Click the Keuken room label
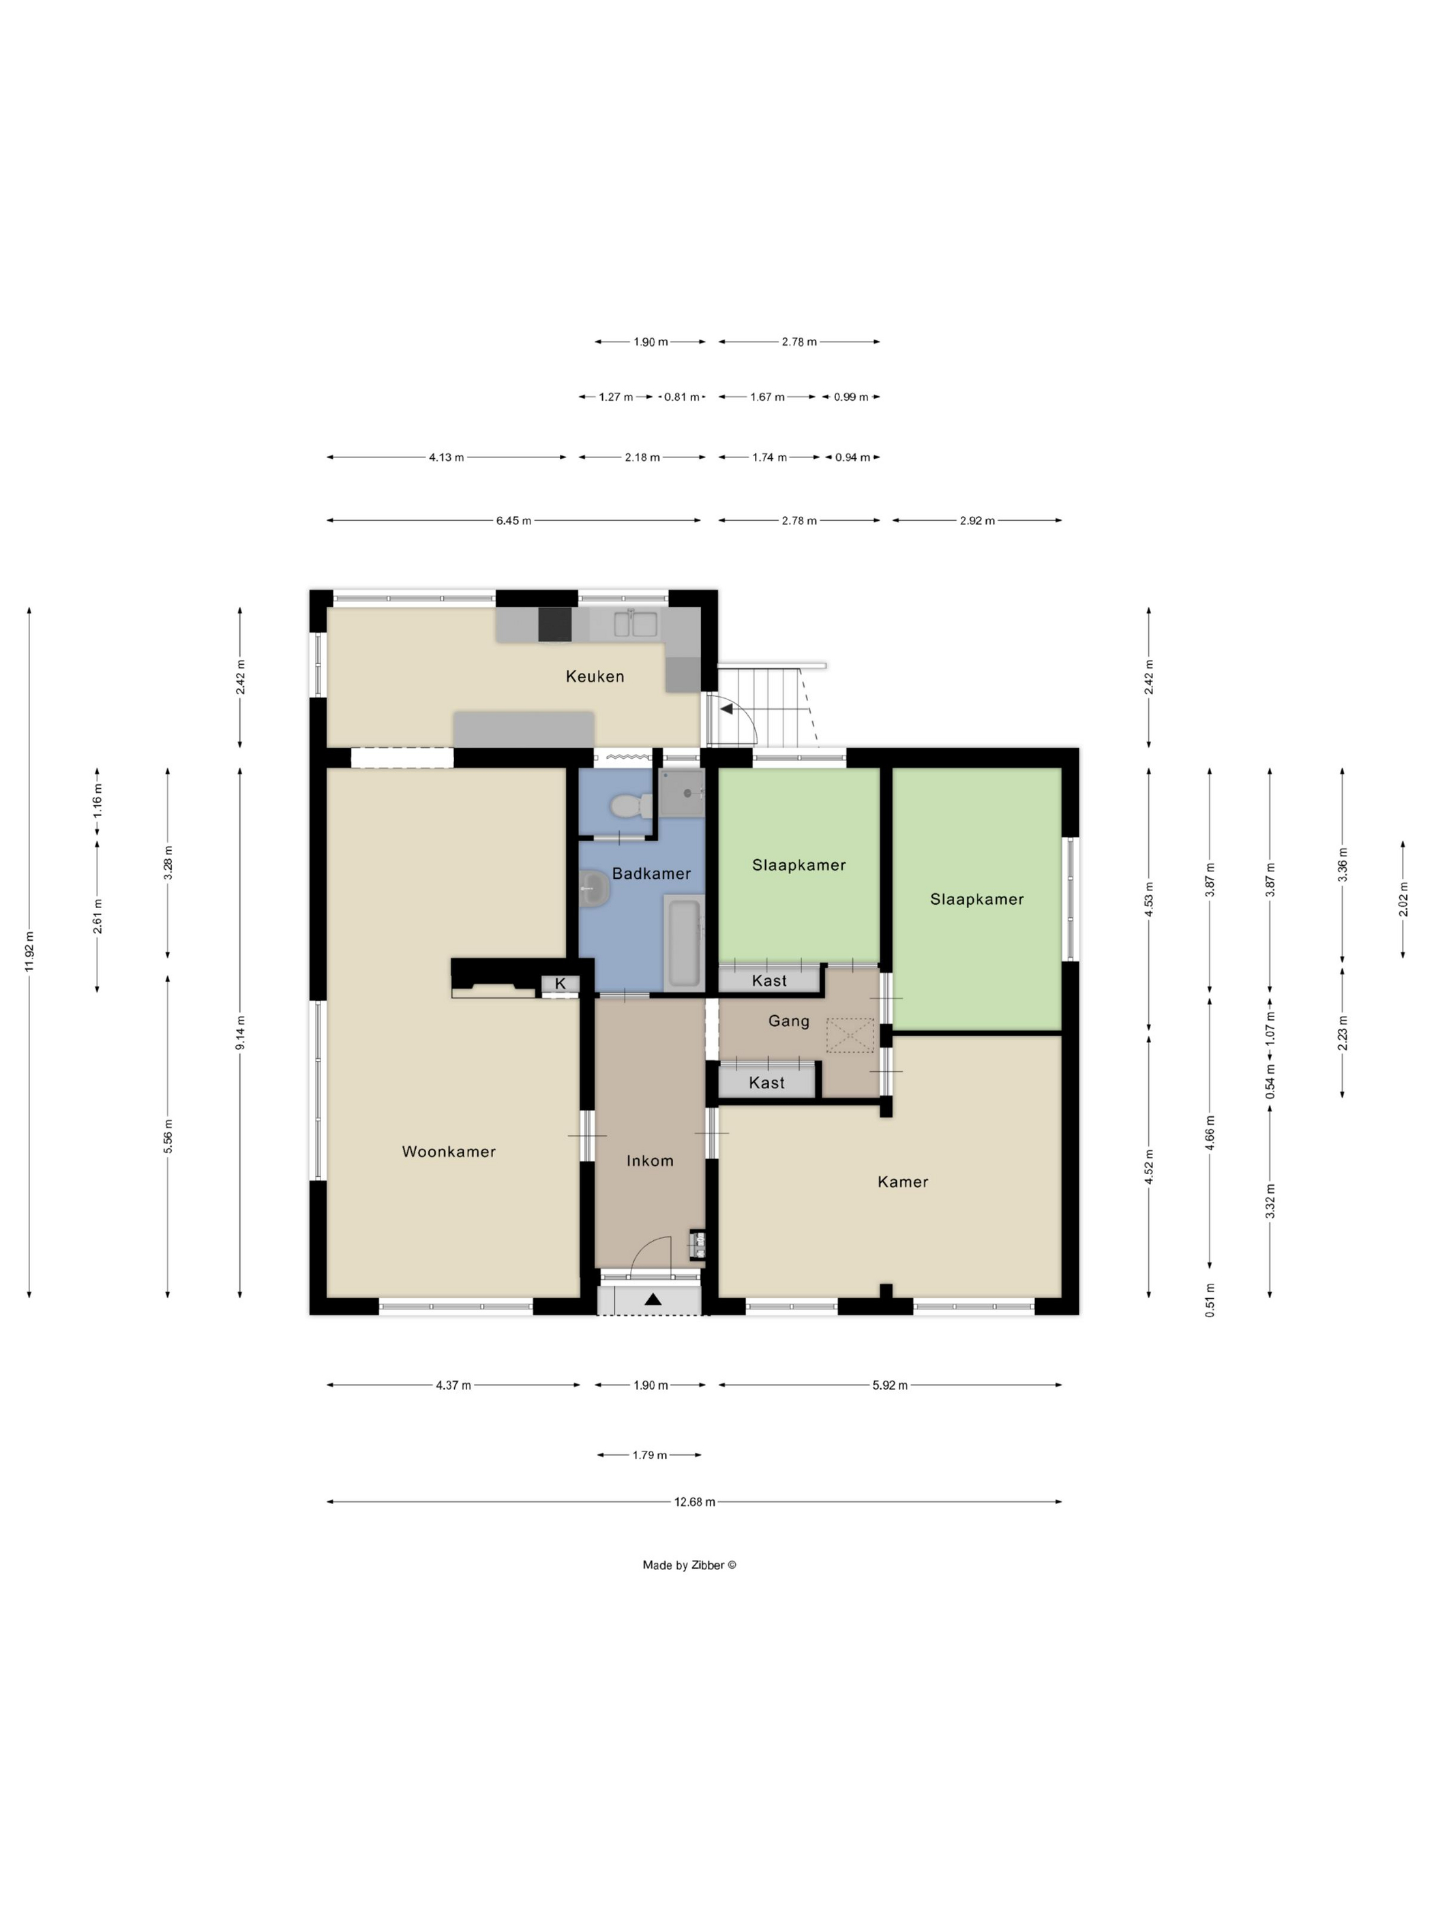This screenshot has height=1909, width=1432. click(x=595, y=676)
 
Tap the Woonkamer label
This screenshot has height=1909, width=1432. click(x=449, y=1152)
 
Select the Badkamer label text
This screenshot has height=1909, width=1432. click(x=652, y=873)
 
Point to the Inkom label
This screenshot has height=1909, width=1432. click(x=650, y=1161)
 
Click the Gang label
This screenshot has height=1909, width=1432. click(x=789, y=1021)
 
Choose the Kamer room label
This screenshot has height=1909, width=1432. click(x=903, y=1182)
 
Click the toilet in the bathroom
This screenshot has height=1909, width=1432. click(x=630, y=806)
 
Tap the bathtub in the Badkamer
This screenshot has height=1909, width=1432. click(x=684, y=942)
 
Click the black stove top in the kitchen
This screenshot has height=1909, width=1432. click(x=555, y=625)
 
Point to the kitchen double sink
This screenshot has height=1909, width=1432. click(x=636, y=623)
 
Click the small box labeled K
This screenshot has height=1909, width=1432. click(x=561, y=984)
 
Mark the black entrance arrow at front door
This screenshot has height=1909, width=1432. click(x=653, y=1299)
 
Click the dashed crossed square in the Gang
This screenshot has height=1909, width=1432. click(x=850, y=1036)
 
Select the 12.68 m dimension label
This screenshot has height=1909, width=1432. click(x=695, y=1502)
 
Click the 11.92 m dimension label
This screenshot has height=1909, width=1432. click(x=29, y=952)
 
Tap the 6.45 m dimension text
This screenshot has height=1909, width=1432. click(x=513, y=522)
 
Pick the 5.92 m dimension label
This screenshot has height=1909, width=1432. click(x=890, y=1385)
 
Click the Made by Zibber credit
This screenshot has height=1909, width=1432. click(x=689, y=1565)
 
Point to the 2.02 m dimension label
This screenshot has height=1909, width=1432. click(x=1403, y=900)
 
